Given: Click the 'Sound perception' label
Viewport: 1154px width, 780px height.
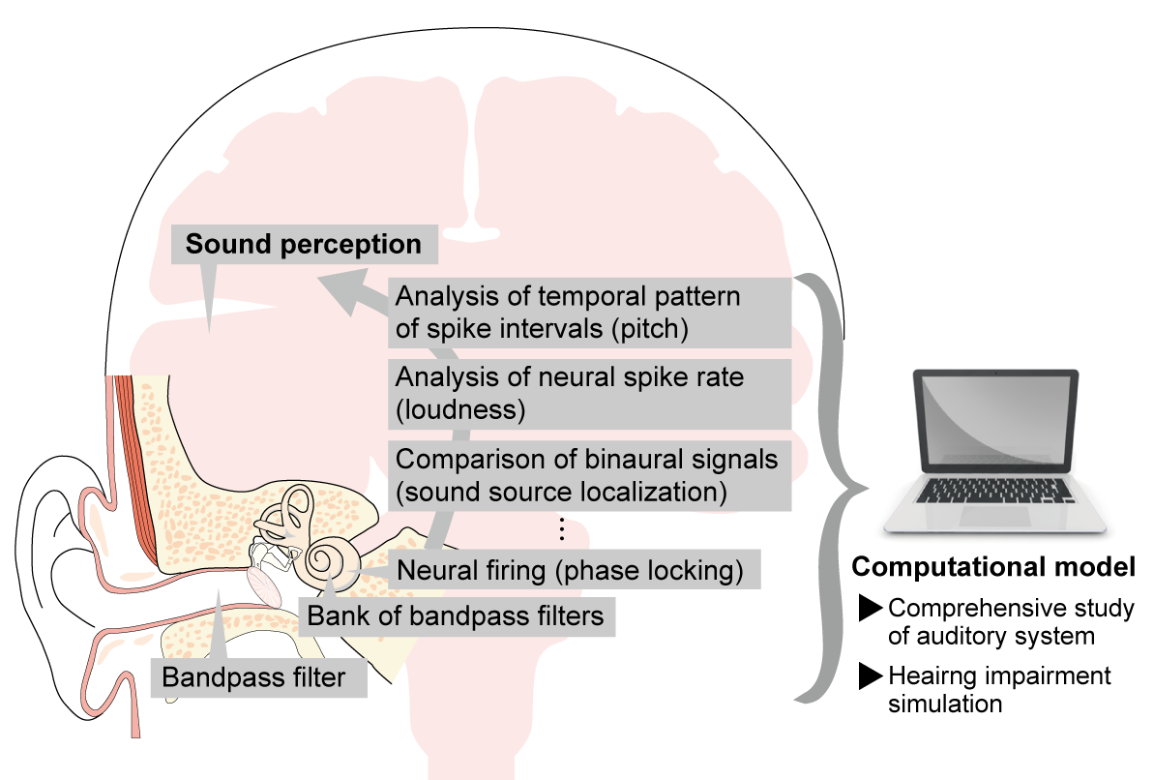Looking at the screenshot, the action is [x=304, y=244].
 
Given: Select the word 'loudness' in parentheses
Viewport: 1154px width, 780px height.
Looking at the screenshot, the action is [x=460, y=409].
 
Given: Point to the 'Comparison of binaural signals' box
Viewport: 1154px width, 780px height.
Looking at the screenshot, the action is [x=589, y=475].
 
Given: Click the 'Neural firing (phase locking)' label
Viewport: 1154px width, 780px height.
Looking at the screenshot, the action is [x=571, y=570].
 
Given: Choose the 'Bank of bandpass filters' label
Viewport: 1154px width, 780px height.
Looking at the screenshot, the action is [x=456, y=615].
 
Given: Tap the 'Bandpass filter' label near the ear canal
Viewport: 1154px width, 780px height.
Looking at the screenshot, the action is [x=253, y=676].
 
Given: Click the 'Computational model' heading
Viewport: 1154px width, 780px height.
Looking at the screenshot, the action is [x=993, y=566].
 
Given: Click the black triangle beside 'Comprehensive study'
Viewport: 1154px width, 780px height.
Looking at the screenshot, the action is [x=870, y=608].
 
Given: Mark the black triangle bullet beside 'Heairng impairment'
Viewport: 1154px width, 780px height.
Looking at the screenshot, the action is [x=870, y=675].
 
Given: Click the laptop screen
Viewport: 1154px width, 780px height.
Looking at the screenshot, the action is [x=995, y=419].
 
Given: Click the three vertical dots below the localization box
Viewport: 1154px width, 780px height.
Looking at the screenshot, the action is [x=562, y=528].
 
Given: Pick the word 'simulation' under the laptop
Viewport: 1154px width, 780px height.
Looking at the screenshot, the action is [x=945, y=704].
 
